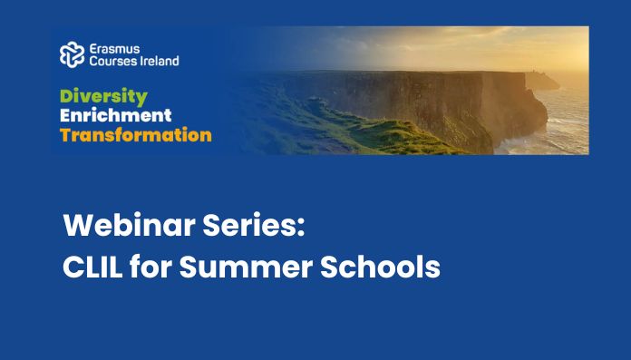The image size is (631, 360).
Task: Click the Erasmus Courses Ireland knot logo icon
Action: point(73,54)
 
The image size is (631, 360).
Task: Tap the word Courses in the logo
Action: point(110,61)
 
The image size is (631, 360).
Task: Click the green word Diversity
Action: point(104,97)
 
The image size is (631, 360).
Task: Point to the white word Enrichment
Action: point(116,115)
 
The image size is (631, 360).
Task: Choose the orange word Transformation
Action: point(136,135)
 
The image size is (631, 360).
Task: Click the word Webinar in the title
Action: point(129,225)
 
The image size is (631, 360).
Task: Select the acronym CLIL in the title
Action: point(92,267)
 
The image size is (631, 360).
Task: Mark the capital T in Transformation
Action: point(66,135)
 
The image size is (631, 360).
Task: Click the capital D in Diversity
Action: point(67,97)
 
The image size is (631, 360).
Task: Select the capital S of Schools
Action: point(329,267)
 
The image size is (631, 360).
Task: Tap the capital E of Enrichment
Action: point(65,115)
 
